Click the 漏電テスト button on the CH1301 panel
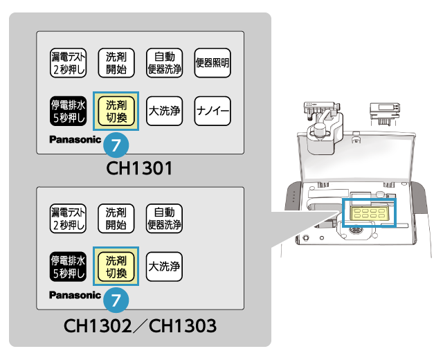click(x=68, y=63)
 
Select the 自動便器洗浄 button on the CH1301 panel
click(x=164, y=63)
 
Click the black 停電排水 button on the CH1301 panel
click(x=68, y=111)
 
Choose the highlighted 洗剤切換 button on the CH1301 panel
click(x=116, y=111)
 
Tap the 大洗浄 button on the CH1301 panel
click(x=164, y=111)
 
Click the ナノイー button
click(x=213, y=111)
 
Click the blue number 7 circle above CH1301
click(x=116, y=146)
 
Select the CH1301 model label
click(x=139, y=168)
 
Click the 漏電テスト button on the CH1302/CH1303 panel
click(x=68, y=218)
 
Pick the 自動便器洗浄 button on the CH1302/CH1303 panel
click(x=164, y=218)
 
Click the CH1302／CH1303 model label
click(x=139, y=324)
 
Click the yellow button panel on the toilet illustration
click(x=369, y=213)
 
